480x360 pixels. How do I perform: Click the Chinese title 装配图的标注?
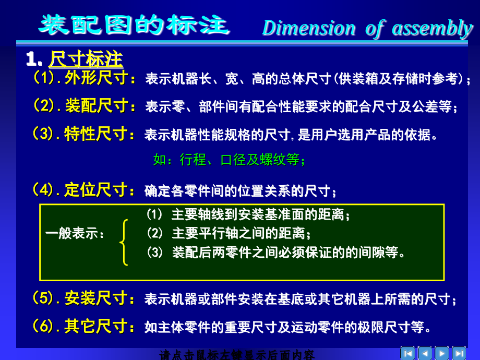pyautogui.click(x=135, y=25)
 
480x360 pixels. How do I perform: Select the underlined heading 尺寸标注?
pyautogui.click(x=86, y=59)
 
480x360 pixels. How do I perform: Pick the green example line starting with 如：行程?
pyautogui.click(x=230, y=160)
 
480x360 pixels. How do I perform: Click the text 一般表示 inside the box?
pyautogui.click(x=75, y=234)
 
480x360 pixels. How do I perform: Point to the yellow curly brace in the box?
pyautogui.click(x=124, y=242)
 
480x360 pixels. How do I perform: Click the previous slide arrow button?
pyautogui.click(x=425, y=353)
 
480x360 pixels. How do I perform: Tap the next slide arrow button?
pyautogui.click(x=442, y=353)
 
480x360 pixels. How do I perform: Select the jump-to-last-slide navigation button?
pyautogui.click(x=459, y=353)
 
